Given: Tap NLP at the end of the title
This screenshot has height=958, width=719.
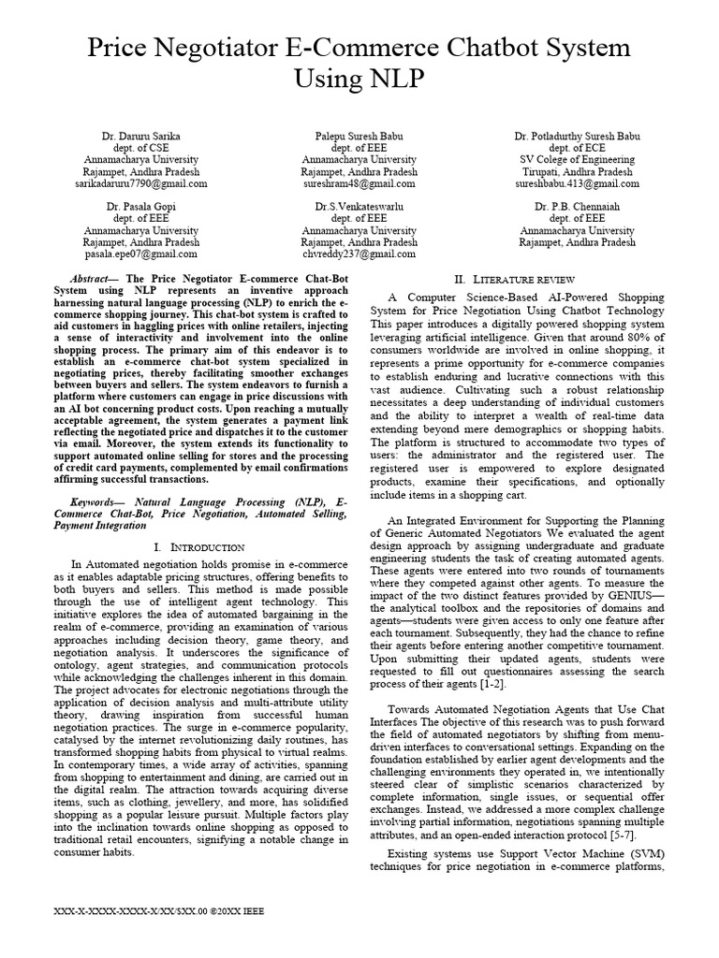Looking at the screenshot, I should click(x=359, y=80).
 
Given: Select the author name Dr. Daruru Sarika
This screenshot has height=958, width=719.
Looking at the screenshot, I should click(x=144, y=136).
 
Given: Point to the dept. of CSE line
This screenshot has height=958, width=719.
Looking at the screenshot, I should click(x=144, y=148).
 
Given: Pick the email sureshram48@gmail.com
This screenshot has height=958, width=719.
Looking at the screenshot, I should click(x=359, y=184).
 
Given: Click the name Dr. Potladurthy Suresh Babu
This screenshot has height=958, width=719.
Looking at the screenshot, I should click(x=576, y=136).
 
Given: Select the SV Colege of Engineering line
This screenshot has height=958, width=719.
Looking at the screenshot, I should click(x=576, y=160).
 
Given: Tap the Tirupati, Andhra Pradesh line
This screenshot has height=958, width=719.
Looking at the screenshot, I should click(x=576, y=172).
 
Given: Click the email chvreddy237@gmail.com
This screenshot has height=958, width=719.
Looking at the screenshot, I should click(x=359, y=254).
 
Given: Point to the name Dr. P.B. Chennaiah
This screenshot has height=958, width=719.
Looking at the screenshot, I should click(x=576, y=206).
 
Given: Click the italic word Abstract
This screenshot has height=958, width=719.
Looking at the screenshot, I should click(x=92, y=279).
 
